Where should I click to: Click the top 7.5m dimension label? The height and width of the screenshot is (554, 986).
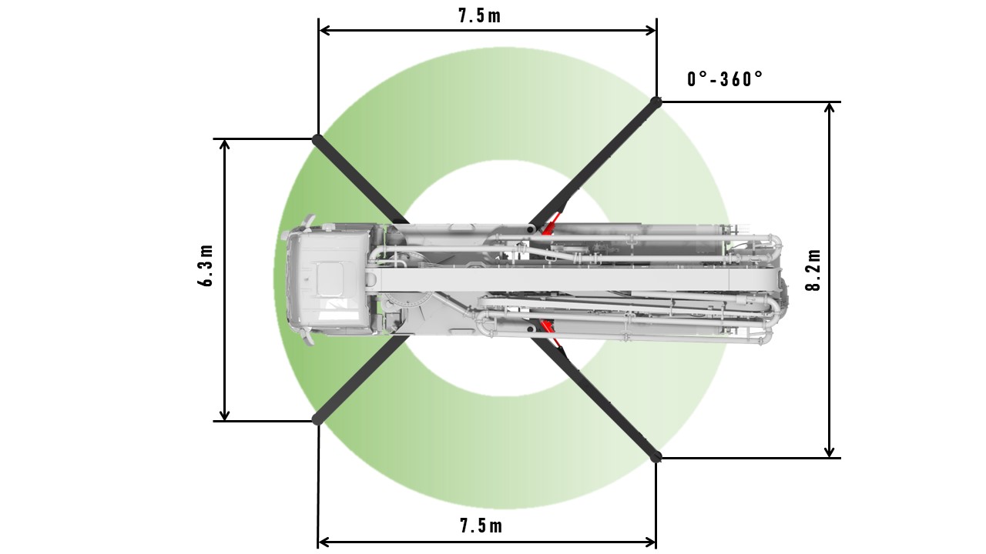[479, 15]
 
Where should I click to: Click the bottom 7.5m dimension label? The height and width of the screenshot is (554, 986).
[481, 526]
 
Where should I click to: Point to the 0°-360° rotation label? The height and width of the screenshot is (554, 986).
[725, 79]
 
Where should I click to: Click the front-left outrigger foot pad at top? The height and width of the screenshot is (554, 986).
[317, 139]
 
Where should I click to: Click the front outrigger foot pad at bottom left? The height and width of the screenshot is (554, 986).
[317, 419]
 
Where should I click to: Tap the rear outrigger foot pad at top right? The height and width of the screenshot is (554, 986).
[656, 101]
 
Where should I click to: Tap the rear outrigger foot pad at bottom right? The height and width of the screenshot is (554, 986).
[656, 457]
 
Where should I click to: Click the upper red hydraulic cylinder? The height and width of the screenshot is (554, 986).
[549, 225]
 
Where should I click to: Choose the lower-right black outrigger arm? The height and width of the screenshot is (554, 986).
[605, 401]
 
